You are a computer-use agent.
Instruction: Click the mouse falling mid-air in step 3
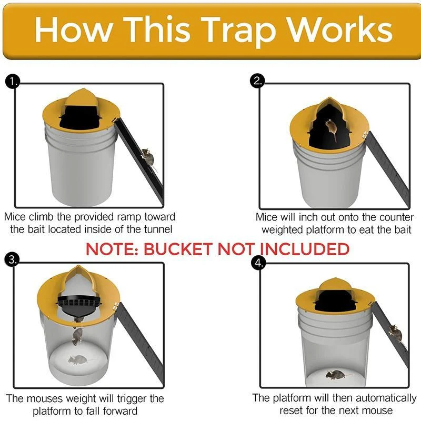click(x=77, y=336)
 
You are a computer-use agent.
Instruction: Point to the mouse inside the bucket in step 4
click(x=334, y=375)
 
